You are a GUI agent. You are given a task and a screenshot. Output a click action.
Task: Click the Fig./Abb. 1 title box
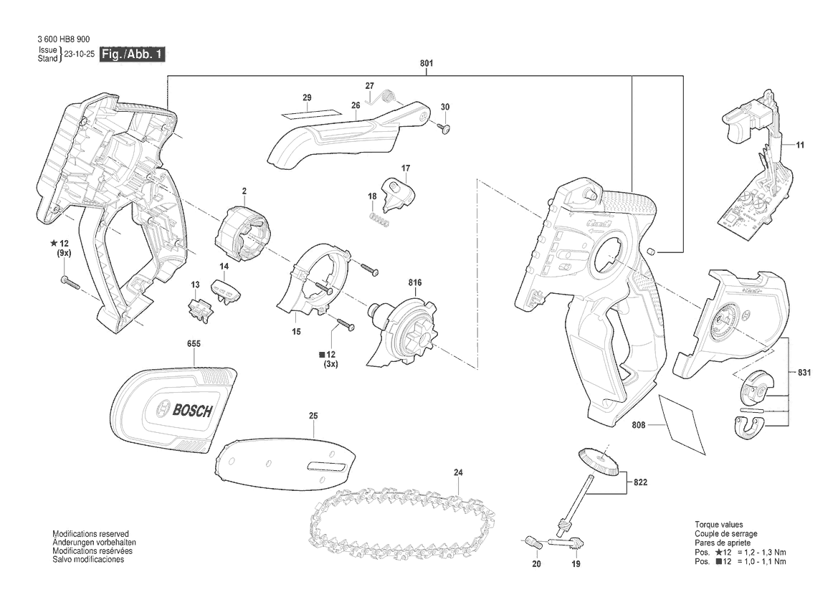(x=132, y=54)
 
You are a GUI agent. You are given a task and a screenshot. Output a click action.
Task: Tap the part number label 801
(x=427, y=63)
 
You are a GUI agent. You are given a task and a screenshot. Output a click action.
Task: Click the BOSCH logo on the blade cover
(x=184, y=411)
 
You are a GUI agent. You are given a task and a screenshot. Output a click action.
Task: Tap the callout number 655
(x=194, y=343)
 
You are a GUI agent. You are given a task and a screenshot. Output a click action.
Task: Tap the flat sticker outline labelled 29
(x=310, y=113)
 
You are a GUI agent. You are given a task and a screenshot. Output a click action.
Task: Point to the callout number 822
(x=640, y=482)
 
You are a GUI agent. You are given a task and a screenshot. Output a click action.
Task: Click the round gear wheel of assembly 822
(x=598, y=462)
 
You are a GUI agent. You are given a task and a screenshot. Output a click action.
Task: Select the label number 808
(x=638, y=425)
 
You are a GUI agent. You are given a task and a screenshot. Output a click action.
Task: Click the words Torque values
(x=719, y=525)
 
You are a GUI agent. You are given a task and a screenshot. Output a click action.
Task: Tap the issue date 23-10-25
(x=79, y=54)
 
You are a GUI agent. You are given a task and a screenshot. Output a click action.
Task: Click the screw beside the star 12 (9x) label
(x=70, y=282)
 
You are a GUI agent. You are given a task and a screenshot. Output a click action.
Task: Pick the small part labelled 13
(x=199, y=309)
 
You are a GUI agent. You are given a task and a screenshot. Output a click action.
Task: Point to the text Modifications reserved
(x=90, y=534)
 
